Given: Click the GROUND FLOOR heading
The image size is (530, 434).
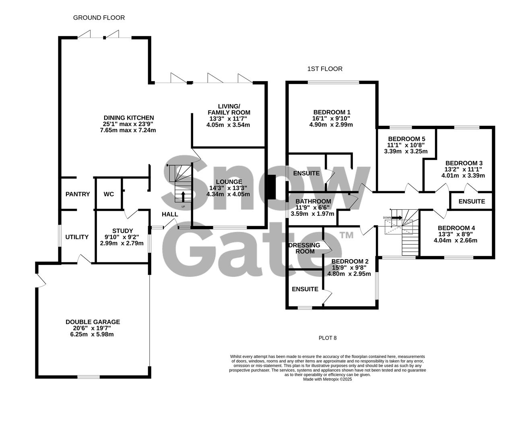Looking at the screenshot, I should (99, 18).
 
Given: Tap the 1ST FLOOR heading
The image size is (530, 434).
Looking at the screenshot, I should (325, 69).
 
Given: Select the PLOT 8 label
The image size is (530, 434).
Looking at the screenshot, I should (327, 338).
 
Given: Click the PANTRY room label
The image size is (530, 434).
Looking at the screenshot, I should (78, 194).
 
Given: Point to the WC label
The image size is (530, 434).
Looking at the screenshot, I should (109, 194).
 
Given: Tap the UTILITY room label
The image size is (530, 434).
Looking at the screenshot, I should (77, 237).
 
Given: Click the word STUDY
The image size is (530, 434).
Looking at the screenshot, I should (122, 231).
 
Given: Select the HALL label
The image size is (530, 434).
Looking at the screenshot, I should (170, 214).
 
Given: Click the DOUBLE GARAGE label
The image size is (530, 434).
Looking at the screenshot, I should (93, 322).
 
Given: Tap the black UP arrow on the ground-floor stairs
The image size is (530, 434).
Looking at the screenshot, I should (184, 197).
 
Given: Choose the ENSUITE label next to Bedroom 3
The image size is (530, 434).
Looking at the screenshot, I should (472, 201).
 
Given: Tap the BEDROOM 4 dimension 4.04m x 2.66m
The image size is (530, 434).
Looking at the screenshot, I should (455, 241).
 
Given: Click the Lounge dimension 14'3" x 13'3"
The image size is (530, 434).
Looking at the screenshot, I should (228, 188).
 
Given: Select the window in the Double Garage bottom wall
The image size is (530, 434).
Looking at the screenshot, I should (89, 377).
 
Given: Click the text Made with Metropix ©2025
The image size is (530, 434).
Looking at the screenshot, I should (327, 379).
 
